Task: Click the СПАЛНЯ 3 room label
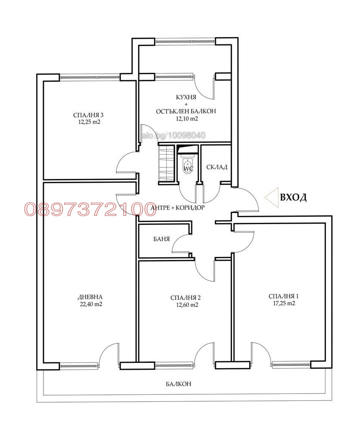(x=88, y=115)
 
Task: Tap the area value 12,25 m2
(x=89, y=122)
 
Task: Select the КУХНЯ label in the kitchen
(x=186, y=97)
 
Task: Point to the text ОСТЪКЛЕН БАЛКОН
(x=186, y=111)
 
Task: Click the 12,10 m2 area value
(x=187, y=119)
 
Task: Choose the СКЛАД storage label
(x=217, y=167)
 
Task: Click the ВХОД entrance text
(x=293, y=197)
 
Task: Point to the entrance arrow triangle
(x=272, y=197)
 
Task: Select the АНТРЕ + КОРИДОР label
(x=177, y=208)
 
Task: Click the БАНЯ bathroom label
(x=161, y=239)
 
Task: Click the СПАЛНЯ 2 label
(x=185, y=298)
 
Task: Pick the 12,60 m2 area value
(x=187, y=305)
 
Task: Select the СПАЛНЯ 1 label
(x=283, y=296)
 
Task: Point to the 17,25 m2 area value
(x=284, y=303)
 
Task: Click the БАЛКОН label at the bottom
(x=178, y=384)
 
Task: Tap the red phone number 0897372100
(x=90, y=209)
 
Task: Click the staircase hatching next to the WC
(x=166, y=164)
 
